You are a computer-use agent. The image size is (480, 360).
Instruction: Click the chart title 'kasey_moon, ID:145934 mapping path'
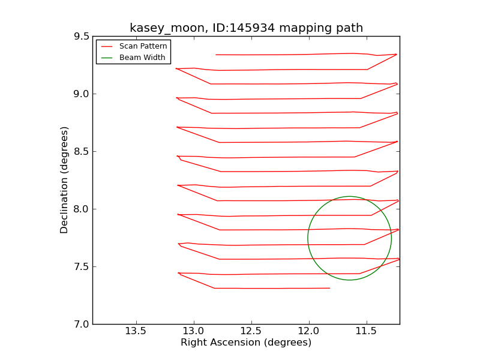(x=246, y=28)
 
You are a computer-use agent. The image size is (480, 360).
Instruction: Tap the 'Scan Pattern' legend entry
(x=143, y=46)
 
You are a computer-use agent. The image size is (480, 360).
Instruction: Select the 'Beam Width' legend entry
(x=142, y=58)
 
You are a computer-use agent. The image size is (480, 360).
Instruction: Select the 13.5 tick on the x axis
(x=136, y=331)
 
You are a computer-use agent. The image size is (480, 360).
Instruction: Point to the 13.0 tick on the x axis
(x=193, y=331)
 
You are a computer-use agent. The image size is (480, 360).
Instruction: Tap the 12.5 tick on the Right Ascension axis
(x=251, y=331)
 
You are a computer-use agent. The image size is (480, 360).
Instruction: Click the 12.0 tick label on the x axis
(x=308, y=331)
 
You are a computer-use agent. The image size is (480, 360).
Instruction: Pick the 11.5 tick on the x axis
(x=366, y=331)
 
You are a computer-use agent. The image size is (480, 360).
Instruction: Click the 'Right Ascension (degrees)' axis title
(x=246, y=343)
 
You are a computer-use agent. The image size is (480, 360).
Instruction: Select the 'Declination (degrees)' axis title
(x=65, y=180)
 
